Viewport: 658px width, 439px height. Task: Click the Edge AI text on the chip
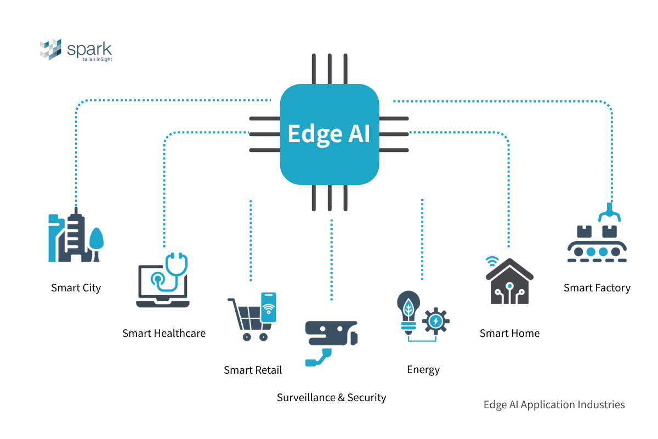[x=329, y=133]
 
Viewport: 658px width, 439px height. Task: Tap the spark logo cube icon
[x=51, y=49]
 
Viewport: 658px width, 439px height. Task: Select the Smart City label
[x=76, y=288]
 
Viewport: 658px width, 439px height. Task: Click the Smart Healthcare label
[x=164, y=333]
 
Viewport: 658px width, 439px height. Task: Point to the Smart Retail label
[x=253, y=370]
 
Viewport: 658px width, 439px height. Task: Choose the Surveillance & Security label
[x=331, y=397]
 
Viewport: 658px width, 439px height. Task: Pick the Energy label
[x=423, y=369]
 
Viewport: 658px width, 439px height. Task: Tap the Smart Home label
[x=509, y=333]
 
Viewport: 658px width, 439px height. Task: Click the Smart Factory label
[x=597, y=288]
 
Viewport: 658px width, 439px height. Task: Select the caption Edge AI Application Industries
[x=554, y=404]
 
